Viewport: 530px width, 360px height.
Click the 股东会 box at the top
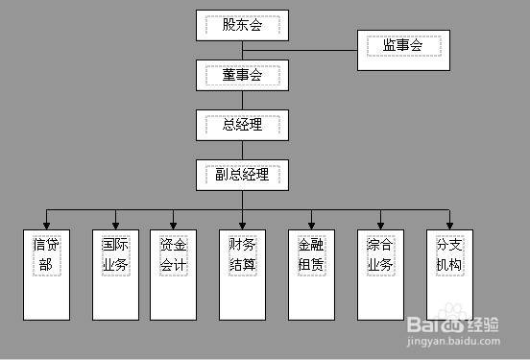point(242,26)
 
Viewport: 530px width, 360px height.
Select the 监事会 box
point(403,46)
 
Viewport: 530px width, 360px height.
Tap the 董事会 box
point(242,75)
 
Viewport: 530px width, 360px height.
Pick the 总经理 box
point(242,125)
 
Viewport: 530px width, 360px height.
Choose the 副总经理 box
point(242,174)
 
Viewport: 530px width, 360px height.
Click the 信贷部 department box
point(46,274)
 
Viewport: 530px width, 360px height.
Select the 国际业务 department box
point(115,274)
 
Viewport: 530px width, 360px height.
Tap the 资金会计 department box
point(174,274)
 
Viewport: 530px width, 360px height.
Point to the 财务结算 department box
point(242,274)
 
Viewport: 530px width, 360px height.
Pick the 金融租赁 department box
point(311,274)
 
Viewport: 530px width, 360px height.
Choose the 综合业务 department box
point(380,274)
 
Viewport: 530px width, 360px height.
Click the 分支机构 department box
point(449,274)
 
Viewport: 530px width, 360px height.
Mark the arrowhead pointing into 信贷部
point(46,225)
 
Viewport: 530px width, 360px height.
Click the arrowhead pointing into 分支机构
point(449,225)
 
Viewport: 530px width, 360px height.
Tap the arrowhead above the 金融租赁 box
point(311,225)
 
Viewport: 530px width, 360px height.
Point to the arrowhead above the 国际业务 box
point(115,225)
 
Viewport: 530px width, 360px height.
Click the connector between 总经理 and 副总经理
point(242,149)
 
